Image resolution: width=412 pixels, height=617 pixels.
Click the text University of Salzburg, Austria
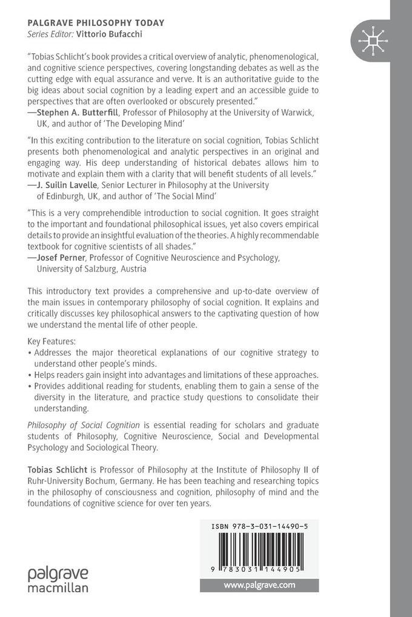[91, 269]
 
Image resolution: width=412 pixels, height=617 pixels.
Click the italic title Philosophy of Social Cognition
[84, 425]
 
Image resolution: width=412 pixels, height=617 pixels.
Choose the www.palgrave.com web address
[260, 585]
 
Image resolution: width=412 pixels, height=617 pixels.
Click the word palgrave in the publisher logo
[58, 573]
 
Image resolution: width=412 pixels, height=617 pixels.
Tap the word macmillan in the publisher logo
[58, 587]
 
